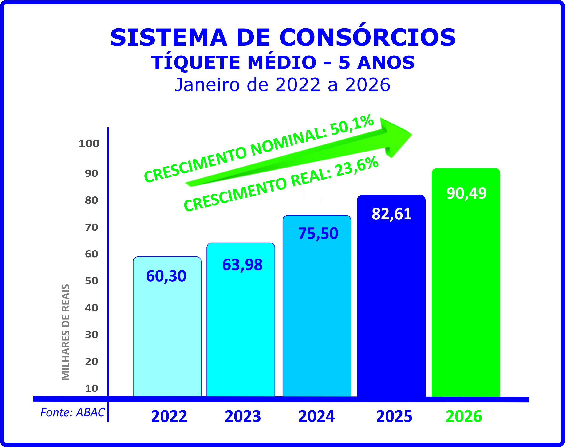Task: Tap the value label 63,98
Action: (x=242, y=265)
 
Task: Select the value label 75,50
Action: (x=318, y=233)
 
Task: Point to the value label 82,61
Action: (x=391, y=214)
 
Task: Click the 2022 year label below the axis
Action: (x=169, y=416)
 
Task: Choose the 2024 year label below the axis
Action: (x=316, y=416)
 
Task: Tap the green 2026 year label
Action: (x=464, y=416)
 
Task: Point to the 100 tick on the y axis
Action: (x=89, y=144)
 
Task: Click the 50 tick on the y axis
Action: (x=91, y=281)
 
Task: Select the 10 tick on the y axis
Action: (x=91, y=388)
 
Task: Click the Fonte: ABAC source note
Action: (x=72, y=412)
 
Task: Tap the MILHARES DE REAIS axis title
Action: (x=66, y=332)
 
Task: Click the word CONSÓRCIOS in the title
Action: (x=367, y=37)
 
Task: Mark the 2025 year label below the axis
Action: (x=394, y=416)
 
